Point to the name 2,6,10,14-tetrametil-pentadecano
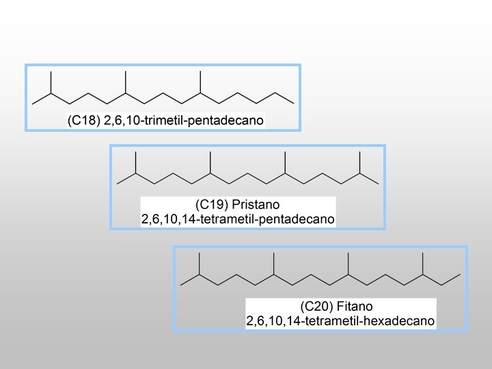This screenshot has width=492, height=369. tap(237, 219)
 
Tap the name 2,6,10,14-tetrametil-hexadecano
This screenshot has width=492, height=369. tap(340, 319)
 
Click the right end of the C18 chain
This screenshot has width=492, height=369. tap(292, 102)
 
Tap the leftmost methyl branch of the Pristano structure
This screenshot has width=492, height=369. tap(136, 162)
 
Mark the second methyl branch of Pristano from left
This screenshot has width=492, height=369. tap(211, 162)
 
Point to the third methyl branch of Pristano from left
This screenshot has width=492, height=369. tap(286, 162)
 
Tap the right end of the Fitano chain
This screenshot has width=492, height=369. tap(459, 274)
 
